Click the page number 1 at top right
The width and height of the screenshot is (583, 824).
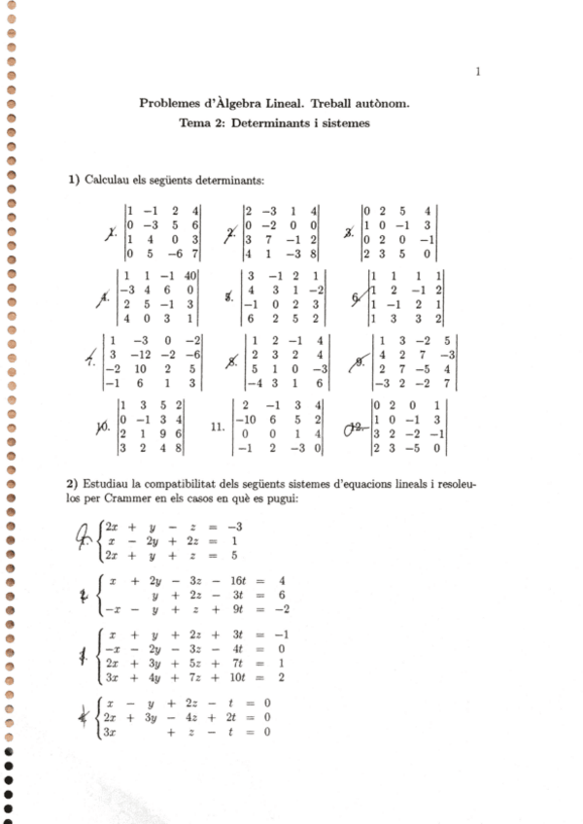pyautogui.click(x=479, y=71)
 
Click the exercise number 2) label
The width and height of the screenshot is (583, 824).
pyautogui.click(x=73, y=484)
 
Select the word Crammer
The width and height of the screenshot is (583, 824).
pyautogui.click(x=179, y=499)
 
